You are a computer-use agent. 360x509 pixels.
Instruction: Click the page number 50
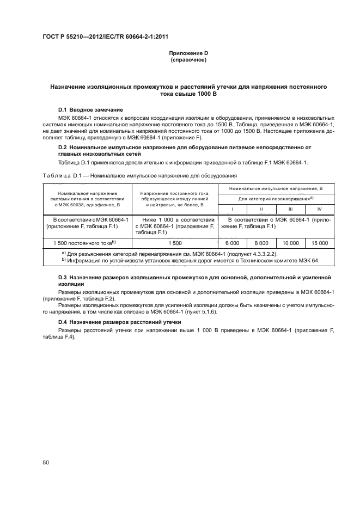pos(46,463)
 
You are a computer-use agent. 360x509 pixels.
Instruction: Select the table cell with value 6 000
pos(232,243)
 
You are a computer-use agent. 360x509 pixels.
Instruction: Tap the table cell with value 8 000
pos(261,243)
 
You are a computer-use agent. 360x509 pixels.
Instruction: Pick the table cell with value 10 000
pos(291,243)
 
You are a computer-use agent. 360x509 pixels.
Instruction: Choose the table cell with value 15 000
pos(320,243)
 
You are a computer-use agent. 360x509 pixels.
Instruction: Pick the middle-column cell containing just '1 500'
pos(175,243)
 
